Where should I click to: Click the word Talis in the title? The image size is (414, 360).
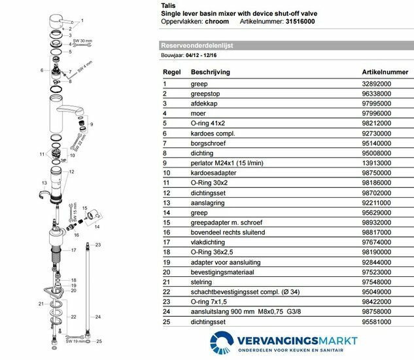tap(167, 6)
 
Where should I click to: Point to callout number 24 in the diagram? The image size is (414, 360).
tap(99, 314)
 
